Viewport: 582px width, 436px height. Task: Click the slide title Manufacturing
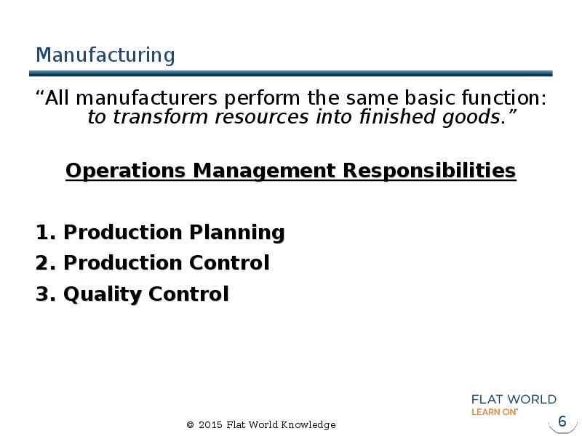pyautogui.click(x=105, y=55)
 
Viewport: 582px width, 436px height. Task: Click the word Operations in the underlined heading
pyautogui.click(x=127, y=171)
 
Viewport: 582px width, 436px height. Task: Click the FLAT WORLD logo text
pyautogui.click(x=514, y=400)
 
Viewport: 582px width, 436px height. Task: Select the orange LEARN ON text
pyautogui.click(x=495, y=412)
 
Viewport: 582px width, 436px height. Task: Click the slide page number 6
pyautogui.click(x=561, y=422)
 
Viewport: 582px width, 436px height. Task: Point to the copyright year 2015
pyautogui.click(x=210, y=425)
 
